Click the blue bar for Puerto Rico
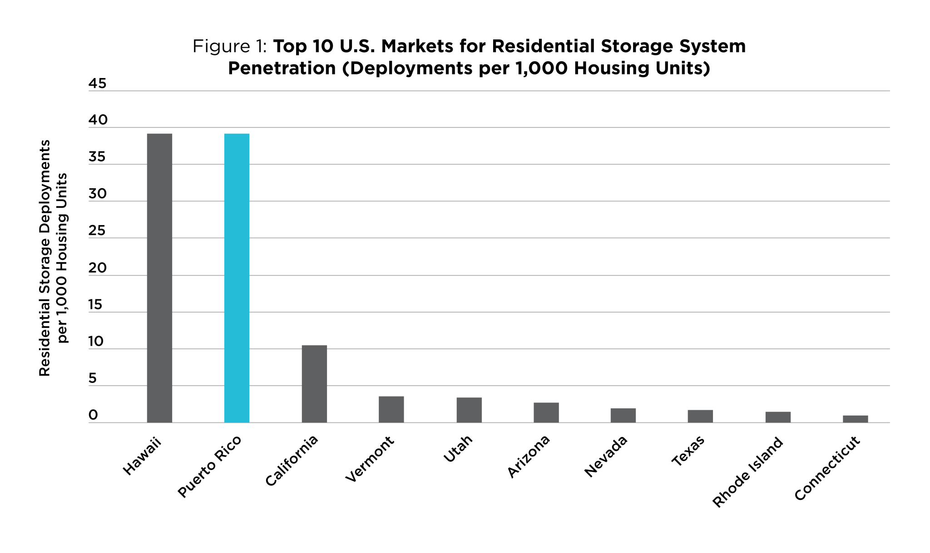pos(237,278)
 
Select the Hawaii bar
pos(159,278)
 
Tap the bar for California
pos(314,384)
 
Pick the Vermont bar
pos(391,409)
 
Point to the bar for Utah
pos(469,410)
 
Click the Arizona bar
pos(546,412)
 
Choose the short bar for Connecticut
pos(856,419)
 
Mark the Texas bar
pos(700,416)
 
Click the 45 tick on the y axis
pos(97,83)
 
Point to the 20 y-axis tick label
pos(97,268)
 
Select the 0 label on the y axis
pos(93,415)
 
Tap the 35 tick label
pos(97,157)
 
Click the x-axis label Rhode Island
pos(748,472)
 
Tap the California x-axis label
pos(292,461)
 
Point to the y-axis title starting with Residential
pos(45,258)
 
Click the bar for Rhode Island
pos(778,417)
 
